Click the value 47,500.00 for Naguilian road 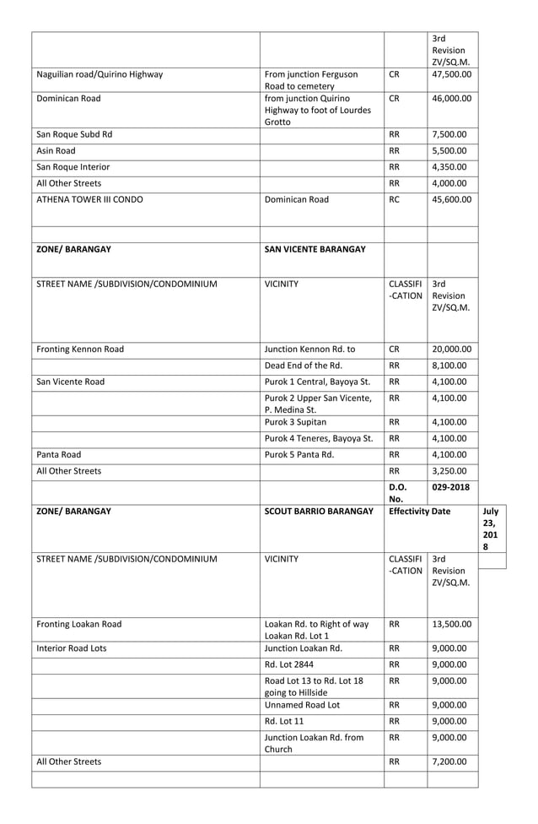coord(451,74)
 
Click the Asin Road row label coord(56,150)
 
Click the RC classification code coord(395,200)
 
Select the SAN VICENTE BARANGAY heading coord(315,250)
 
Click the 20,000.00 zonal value coord(451,349)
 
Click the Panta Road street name coord(59,454)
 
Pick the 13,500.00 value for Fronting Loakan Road coord(451,625)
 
